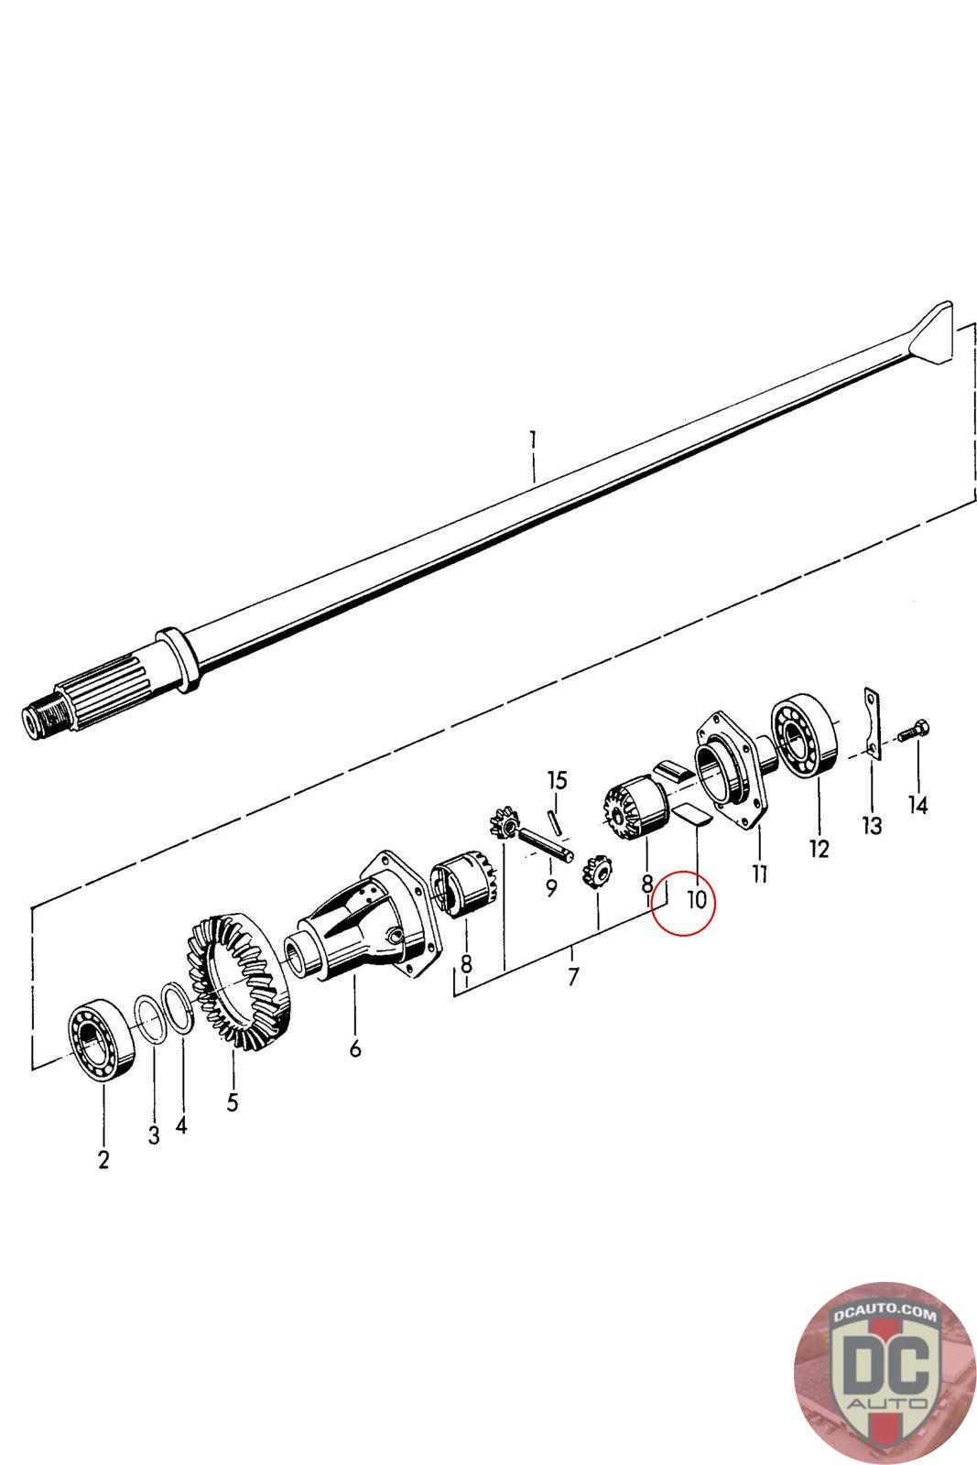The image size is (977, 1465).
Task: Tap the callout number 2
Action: click(103, 1159)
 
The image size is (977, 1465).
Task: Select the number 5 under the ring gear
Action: click(233, 1101)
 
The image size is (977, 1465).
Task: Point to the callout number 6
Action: click(355, 1047)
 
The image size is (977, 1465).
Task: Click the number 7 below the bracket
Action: click(572, 977)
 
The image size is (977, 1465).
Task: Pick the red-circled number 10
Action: click(697, 899)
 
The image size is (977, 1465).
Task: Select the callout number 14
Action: click(917, 805)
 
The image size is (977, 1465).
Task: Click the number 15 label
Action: click(557, 780)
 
